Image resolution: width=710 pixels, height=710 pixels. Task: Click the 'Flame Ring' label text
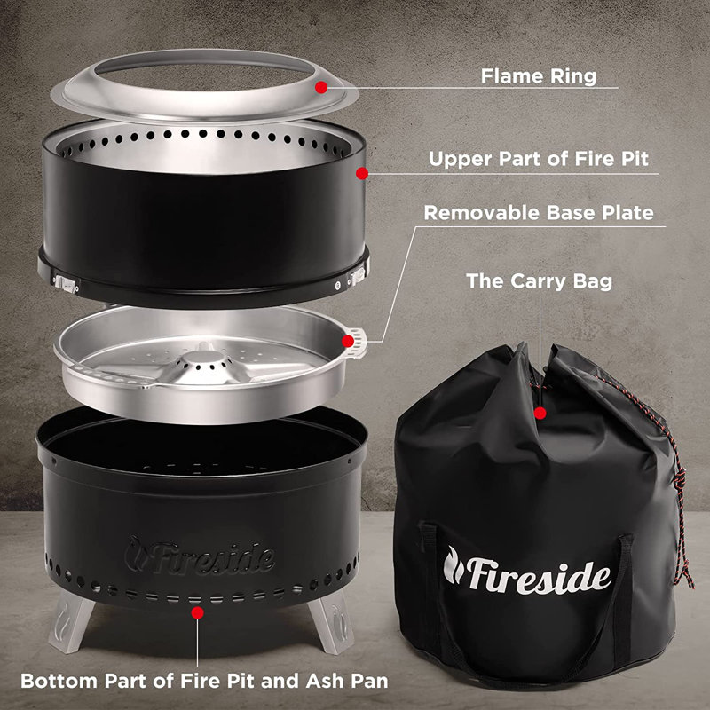point(538,75)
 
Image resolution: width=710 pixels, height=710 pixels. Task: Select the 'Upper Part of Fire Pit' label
point(538,160)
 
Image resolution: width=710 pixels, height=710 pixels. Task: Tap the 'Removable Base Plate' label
point(538,213)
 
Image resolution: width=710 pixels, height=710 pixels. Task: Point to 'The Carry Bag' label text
point(539,281)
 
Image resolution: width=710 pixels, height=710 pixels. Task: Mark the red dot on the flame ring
point(321,87)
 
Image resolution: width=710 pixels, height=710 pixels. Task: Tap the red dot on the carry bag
point(540,413)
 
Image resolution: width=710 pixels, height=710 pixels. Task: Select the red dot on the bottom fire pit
point(196,611)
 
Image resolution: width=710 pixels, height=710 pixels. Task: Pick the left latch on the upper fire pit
point(66,281)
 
